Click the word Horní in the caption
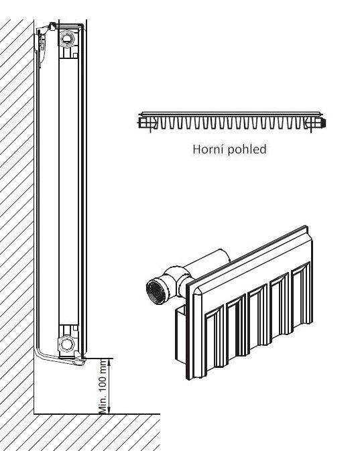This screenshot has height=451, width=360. coord(205,149)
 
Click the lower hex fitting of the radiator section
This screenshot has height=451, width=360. coord(67,344)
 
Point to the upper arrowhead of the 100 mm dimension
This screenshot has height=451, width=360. coord(109,363)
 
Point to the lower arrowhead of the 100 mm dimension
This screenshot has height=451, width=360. coord(109,410)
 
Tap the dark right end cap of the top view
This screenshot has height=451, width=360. coord(323,123)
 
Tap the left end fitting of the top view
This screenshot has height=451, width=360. coord(147,123)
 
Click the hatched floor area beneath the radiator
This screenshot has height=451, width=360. coord(80,432)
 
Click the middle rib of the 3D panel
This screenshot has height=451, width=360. coord(258,316)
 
